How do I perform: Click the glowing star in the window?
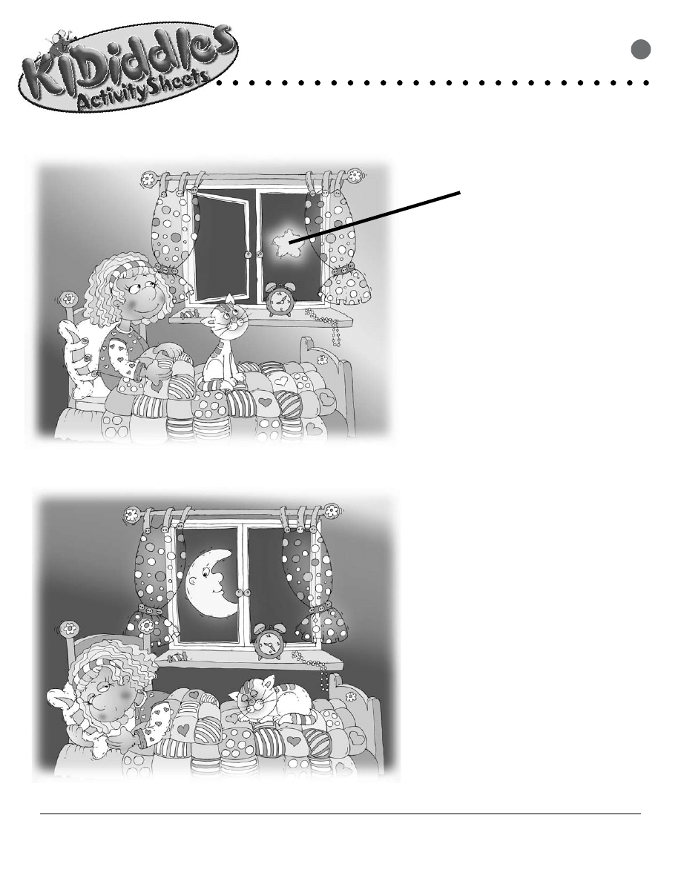(x=282, y=243)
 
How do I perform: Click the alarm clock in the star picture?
(x=280, y=300)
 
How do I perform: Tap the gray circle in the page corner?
(x=642, y=49)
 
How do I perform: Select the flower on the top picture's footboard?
(x=321, y=359)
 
